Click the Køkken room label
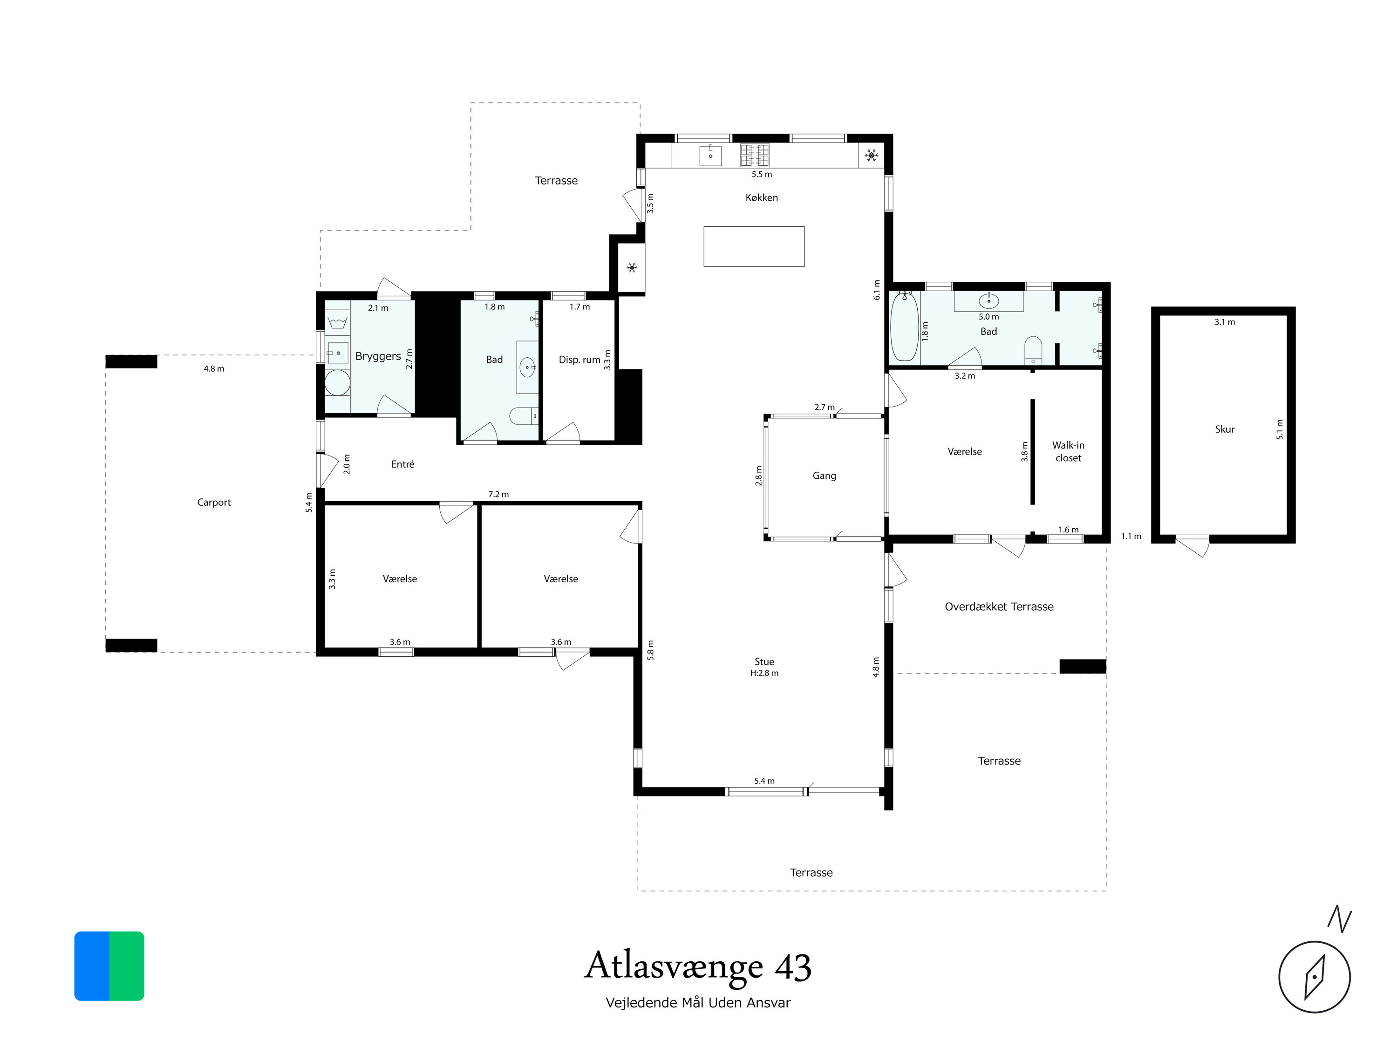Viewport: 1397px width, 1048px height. point(762,197)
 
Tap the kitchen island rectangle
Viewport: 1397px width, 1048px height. point(754,246)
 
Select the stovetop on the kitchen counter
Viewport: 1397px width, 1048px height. point(755,155)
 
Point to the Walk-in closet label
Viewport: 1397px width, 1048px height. point(1068,451)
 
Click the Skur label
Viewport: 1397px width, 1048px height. point(1225,429)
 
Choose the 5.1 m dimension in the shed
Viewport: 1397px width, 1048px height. point(1280,429)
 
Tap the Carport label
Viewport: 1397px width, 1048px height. point(214,503)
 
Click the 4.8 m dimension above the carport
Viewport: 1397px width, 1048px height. point(214,369)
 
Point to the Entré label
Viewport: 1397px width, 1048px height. point(403,464)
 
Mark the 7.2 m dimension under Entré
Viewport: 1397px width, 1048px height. point(498,494)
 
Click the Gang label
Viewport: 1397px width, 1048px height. point(824,476)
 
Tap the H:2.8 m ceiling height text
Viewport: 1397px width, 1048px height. point(764,673)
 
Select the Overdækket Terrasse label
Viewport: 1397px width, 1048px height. point(999,607)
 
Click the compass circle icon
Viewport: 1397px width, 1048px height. point(1314,977)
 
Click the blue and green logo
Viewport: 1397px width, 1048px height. point(109,966)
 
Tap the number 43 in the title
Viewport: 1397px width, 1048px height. point(793,966)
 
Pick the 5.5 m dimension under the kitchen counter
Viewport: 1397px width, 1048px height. point(762,174)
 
